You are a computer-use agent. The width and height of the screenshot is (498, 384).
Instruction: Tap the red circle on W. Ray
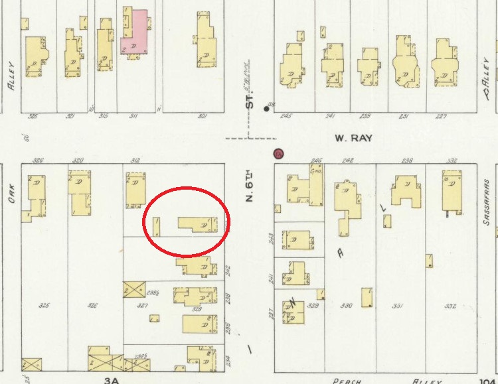279,154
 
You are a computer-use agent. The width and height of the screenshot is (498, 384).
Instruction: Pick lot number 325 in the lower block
44,306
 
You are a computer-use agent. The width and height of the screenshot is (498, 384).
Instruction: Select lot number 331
398,306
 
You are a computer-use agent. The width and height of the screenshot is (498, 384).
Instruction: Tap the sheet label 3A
112,379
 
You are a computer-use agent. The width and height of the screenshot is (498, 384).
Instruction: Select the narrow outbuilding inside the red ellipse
157,227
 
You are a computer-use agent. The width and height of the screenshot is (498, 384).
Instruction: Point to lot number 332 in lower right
450,306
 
